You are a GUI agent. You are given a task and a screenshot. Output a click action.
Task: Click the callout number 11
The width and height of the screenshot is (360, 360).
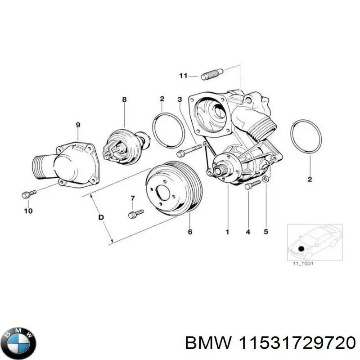(x=183, y=76)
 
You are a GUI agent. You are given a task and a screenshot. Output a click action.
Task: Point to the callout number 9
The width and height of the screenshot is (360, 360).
(x=77, y=124)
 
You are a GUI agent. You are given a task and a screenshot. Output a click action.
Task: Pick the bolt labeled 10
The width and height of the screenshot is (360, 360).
(x=28, y=194)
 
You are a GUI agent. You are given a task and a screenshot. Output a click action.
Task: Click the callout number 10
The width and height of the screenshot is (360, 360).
(x=28, y=211)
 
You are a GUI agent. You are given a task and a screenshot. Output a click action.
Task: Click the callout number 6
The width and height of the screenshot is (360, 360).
(x=189, y=232)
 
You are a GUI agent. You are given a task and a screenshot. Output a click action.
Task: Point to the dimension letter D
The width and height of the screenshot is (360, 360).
(x=101, y=217)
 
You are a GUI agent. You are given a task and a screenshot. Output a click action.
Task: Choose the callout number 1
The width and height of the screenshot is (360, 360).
(x=228, y=232)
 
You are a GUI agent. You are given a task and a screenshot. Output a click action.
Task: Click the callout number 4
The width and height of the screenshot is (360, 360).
(x=247, y=232)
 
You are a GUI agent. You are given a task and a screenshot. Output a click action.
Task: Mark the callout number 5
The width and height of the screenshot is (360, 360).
(x=266, y=232)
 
